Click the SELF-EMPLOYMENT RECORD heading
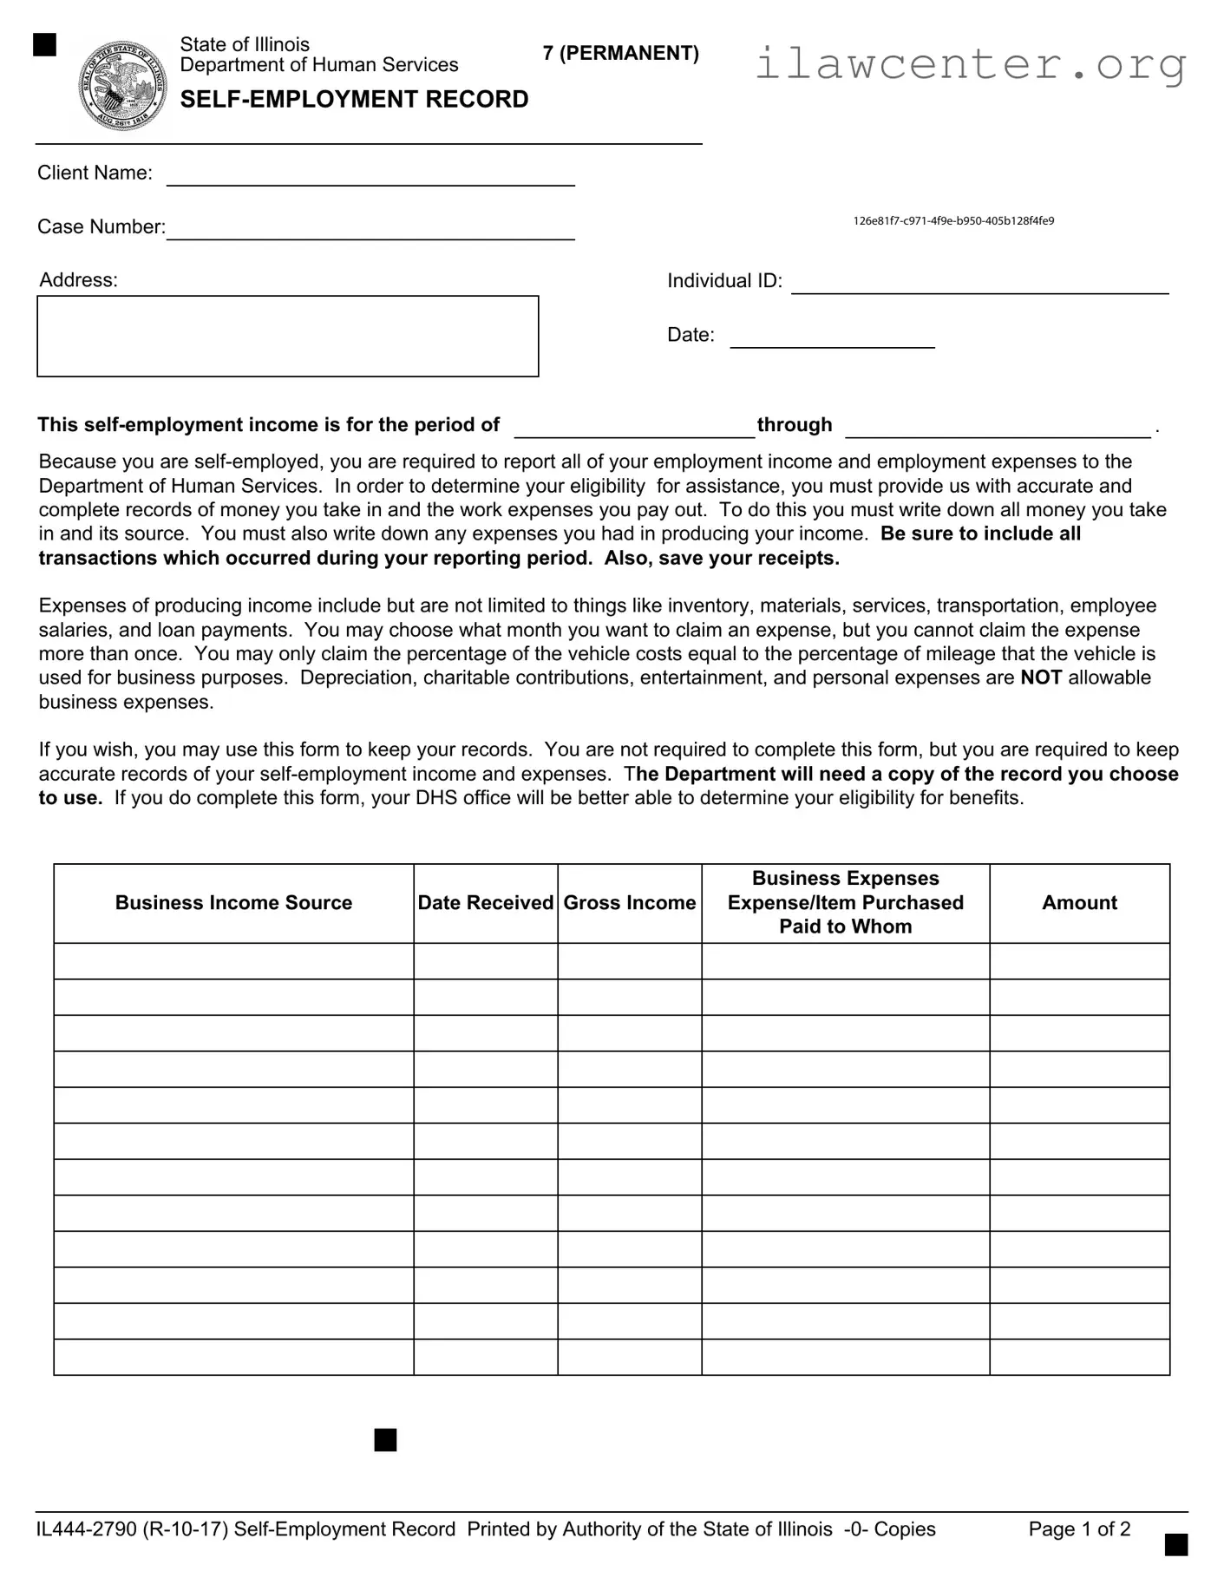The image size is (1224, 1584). click(354, 100)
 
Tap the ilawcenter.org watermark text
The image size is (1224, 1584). click(970, 63)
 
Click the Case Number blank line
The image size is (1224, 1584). click(370, 230)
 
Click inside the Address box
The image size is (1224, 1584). click(287, 336)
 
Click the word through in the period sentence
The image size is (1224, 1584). click(795, 425)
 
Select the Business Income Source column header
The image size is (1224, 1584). click(233, 903)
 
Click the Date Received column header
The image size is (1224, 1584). click(485, 903)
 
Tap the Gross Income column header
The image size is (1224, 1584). click(629, 903)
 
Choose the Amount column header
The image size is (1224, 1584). click(1079, 903)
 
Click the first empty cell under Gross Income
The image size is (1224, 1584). click(629, 961)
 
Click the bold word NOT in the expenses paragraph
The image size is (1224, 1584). click(1041, 677)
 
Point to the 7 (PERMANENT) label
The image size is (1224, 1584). click(620, 54)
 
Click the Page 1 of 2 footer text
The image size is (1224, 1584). click(1079, 1528)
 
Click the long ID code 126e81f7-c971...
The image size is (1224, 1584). click(953, 221)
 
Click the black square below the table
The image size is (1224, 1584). click(385, 1440)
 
